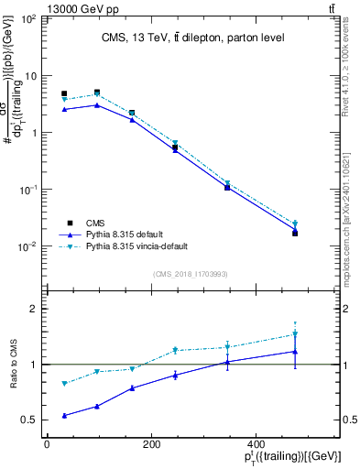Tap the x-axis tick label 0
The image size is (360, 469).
pos(46,444)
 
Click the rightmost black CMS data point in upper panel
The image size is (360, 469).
pos(321,234)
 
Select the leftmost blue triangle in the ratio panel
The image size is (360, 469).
pos(64,415)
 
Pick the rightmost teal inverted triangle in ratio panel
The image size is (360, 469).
pos(321,334)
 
